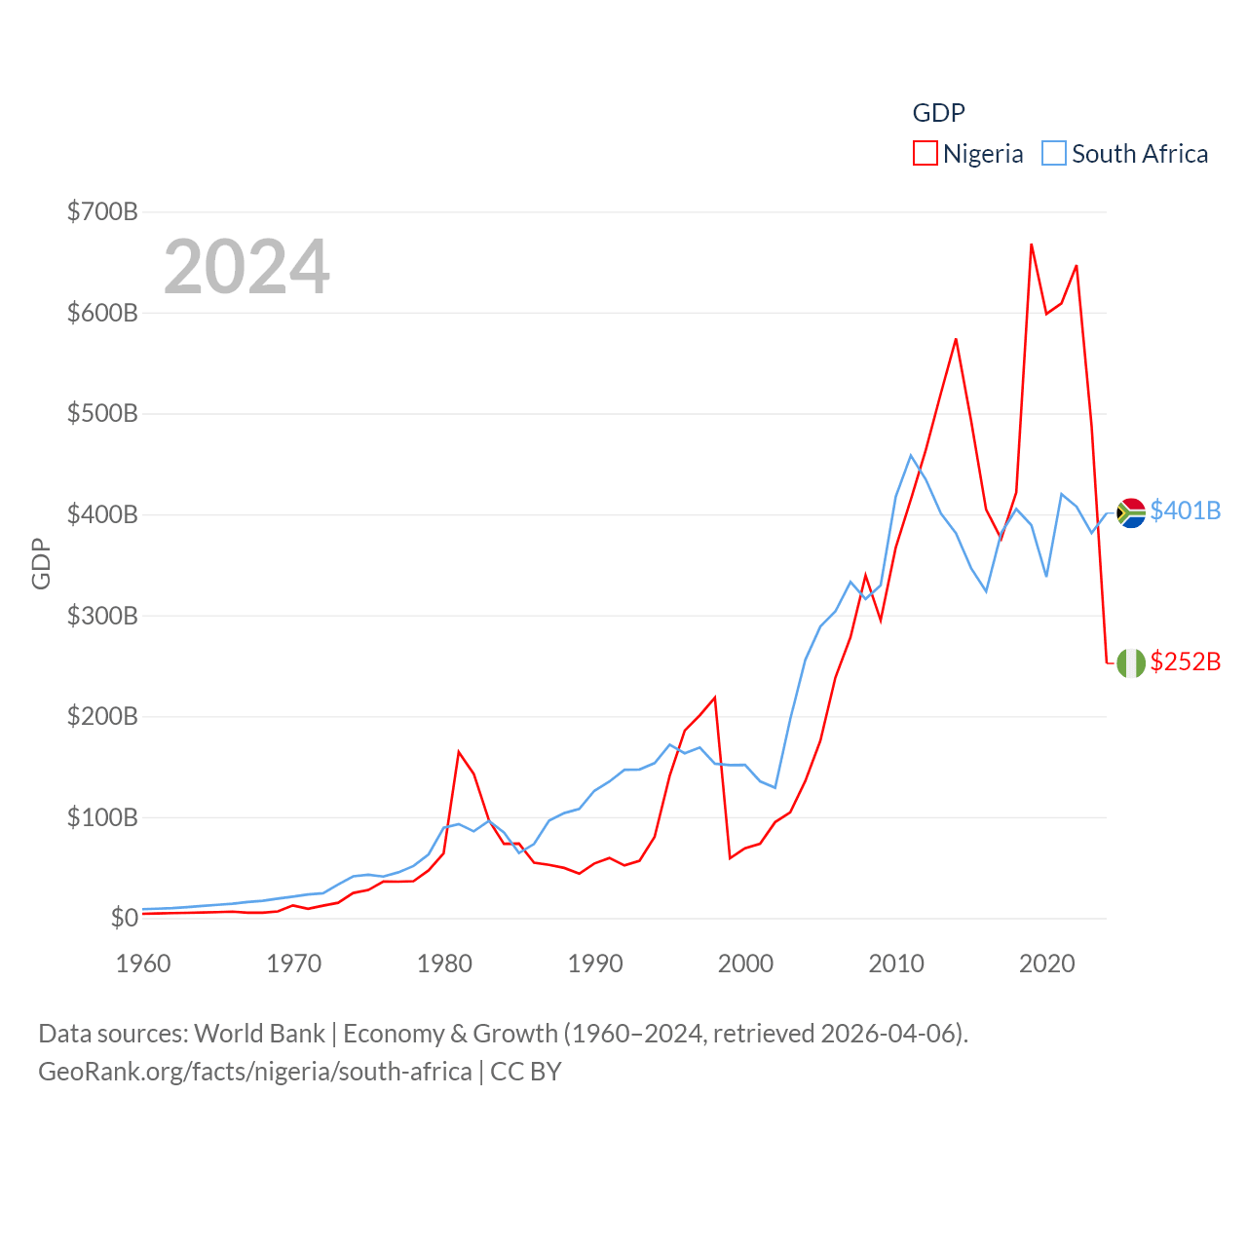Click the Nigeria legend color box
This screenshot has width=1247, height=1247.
pyautogui.click(x=925, y=154)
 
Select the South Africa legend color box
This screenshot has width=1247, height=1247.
pyautogui.click(x=1054, y=154)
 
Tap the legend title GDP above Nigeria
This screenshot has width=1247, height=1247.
pyautogui.click(x=938, y=113)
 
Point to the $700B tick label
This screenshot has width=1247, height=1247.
pyautogui.click(x=102, y=211)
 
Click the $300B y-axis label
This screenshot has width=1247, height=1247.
pyautogui.click(x=102, y=616)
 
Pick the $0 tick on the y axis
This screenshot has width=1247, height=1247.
pyautogui.click(x=124, y=918)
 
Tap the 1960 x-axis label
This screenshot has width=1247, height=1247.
pyautogui.click(x=143, y=964)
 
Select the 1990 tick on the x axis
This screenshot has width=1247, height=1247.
pyautogui.click(x=595, y=964)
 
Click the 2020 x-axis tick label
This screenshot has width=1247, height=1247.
pyautogui.click(x=1047, y=964)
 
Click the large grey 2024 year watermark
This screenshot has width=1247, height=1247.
pyautogui.click(x=246, y=267)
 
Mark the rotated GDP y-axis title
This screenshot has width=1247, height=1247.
pyautogui.click(x=41, y=563)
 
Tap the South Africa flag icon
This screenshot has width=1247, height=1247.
pyautogui.click(x=1131, y=512)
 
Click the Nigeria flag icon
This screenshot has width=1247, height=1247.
pyautogui.click(x=1131, y=663)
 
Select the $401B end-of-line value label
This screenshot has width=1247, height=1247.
pyautogui.click(x=1185, y=510)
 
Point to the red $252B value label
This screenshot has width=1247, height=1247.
pyautogui.click(x=1185, y=661)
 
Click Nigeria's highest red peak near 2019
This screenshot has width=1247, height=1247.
pyautogui.click(x=1031, y=245)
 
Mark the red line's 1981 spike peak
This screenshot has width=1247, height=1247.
pyautogui.click(x=459, y=751)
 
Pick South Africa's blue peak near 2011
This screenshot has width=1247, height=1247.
pyautogui.click(x=912, y=455)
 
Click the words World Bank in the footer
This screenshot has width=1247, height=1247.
pyautogui.click(x=259, y=1033)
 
